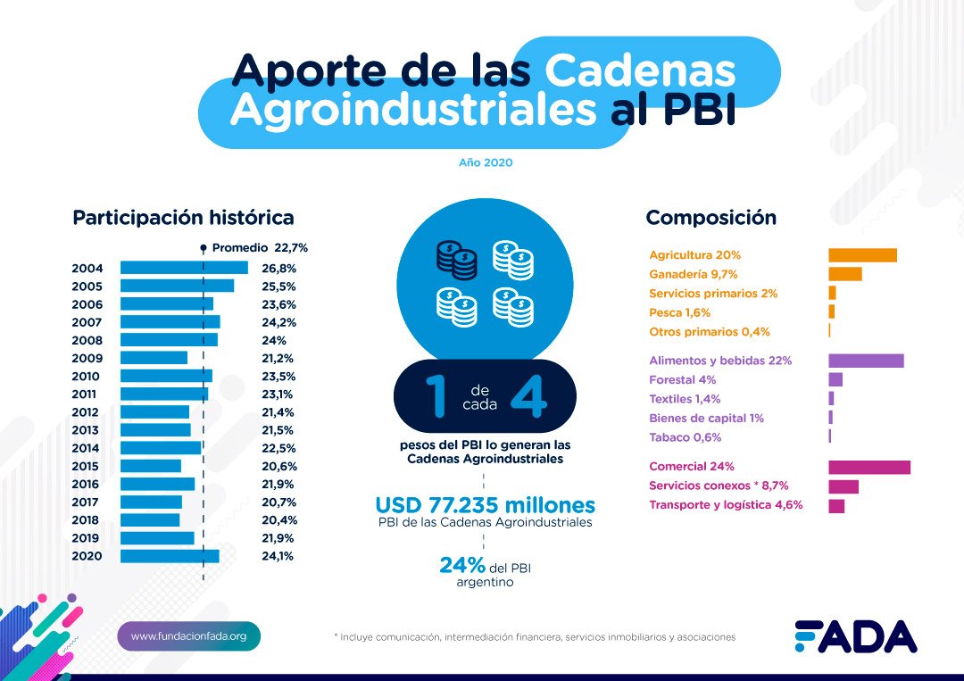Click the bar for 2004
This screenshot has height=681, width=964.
click(x=184, y=268)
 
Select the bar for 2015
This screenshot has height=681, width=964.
click(x=151, y=466)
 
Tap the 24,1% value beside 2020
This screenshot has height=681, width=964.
click(x=278, y=556)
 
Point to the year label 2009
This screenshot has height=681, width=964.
click(x=87, y=358)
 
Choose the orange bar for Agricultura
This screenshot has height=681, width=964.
click(x=862, y=255)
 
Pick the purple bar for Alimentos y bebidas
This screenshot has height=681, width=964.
click(x=866, y=361)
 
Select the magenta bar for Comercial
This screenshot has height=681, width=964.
click(x=869, y=467)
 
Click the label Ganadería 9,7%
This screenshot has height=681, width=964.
click(x=694, y=274)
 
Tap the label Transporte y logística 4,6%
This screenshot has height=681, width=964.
click(x=726, y=504)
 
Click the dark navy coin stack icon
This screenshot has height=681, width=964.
click(x=456, y=259)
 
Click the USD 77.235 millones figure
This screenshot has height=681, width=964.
click(x=485, y=504)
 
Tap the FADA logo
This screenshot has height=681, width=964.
click(x=855, y=635)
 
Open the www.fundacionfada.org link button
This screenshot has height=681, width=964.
click(x=188, y=636)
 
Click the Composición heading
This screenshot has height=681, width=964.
click(x=711, y=217)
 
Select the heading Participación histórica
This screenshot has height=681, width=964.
click(x=183, y=217)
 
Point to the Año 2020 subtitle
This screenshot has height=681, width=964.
click(x=486, y=162)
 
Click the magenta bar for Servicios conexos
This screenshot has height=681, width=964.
click(x=843, y=486)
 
